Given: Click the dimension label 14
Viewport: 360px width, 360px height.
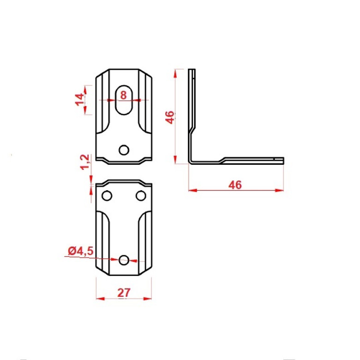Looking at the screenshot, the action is (x=80, y=99).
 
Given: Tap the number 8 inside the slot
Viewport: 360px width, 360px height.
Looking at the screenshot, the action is (x=124, y=95).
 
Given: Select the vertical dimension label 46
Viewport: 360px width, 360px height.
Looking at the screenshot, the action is (x=170, y=117).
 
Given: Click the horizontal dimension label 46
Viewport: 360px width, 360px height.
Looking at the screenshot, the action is (x=235, y=185).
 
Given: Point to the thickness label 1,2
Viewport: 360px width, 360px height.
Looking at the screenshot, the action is (x=84, y=162).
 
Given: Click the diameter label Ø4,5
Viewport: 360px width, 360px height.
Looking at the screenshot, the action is (x=81, y=251).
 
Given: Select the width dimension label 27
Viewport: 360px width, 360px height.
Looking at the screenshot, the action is (x=124, y=293).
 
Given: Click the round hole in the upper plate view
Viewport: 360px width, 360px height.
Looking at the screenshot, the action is (x=124, y=150).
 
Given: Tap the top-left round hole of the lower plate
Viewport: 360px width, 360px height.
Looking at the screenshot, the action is (x=107, y=196).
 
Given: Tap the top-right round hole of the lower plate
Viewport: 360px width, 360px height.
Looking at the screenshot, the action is (x=141, y=196).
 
